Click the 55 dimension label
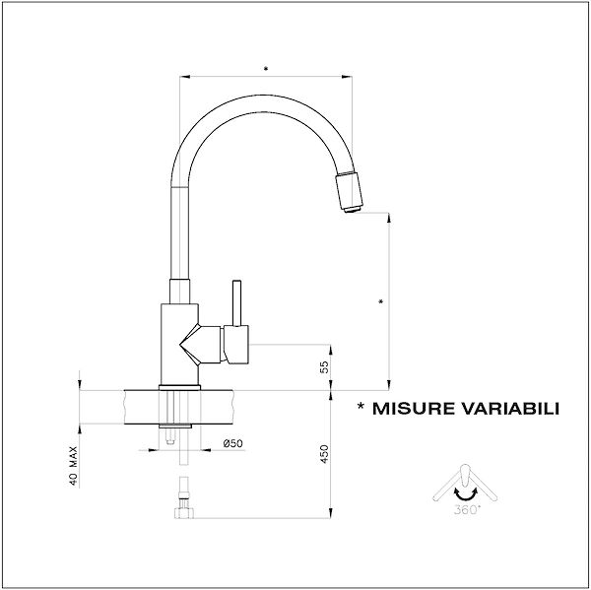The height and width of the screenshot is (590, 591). [x=324, y=366]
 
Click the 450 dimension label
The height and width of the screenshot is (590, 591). [x=324, y=454]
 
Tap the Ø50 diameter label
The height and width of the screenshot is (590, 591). [x=232, y=443]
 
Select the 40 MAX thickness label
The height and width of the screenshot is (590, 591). [x=74, y=466]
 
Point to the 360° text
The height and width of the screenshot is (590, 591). [x=467, y=510]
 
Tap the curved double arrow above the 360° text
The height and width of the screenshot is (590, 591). [x=466, y=493]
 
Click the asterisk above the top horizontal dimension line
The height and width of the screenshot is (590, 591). [x=266, y=69]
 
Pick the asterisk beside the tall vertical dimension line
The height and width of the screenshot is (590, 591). [x=380, y=301]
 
